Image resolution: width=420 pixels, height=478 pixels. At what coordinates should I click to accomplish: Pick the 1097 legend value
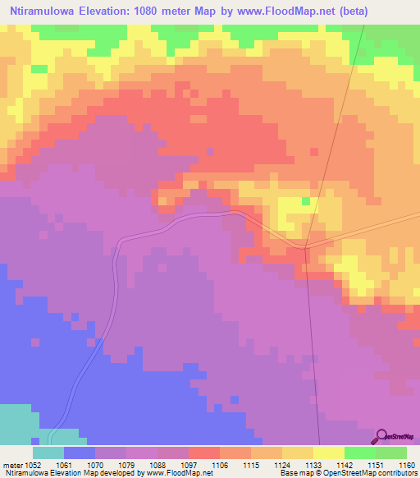tap(188, 466)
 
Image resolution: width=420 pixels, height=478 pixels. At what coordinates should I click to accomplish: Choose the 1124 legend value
tap(281, 466)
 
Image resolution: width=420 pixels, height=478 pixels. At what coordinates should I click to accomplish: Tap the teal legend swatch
tap(48, 453)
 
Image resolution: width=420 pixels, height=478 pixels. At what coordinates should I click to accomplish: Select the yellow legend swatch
tap(328, 453)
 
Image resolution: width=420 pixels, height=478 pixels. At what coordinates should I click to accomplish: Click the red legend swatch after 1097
tap(203, 453)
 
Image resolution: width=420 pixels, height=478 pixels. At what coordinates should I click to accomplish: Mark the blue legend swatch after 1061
tap(79, 453)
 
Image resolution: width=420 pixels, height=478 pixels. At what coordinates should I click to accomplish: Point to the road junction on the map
tap(305, 246)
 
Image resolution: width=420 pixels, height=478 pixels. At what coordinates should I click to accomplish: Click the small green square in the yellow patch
tap(305, 200)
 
